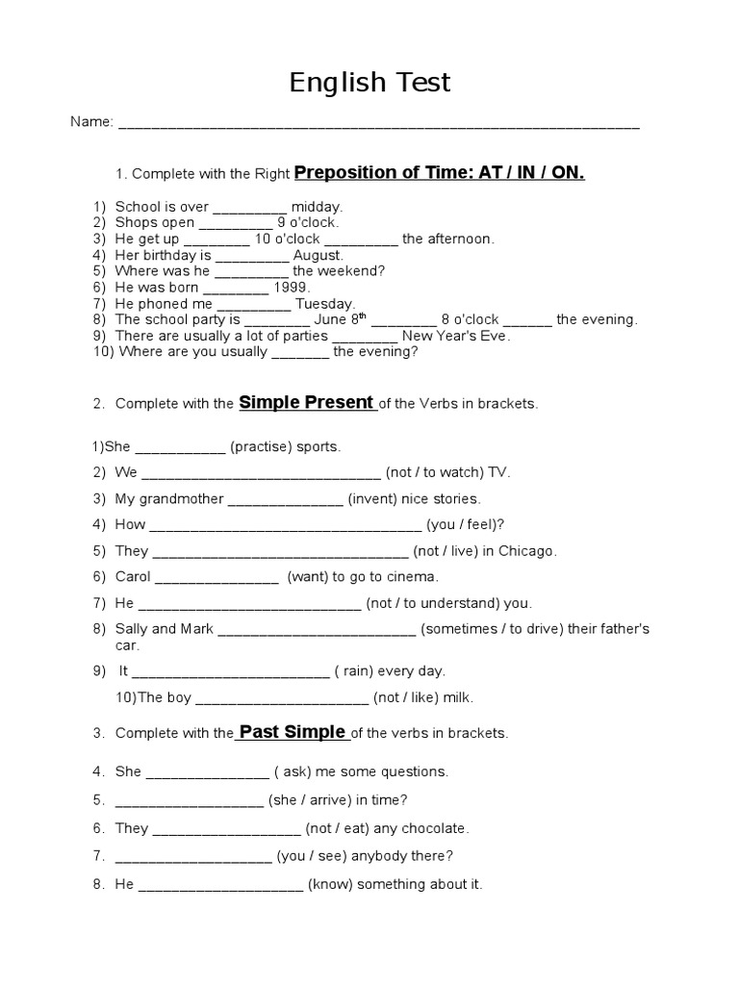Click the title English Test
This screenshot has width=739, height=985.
click(369, 83)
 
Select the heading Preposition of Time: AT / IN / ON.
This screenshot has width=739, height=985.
click(439, 173)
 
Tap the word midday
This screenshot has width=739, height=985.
click(317, 206)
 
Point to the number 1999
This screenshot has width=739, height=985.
click(293, 288)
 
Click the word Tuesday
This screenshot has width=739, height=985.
click(325, 304)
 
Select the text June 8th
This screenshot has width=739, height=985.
click(342, 319)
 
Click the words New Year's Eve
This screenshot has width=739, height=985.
click(456, 336)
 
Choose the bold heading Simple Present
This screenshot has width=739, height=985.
click(306, 403)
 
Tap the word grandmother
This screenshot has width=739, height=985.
click(183, 498)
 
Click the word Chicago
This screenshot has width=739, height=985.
click(527, 551)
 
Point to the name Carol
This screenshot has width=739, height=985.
click(133, 577)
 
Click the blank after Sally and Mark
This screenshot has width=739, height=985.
click(317, 629)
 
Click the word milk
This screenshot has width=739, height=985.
click(457, 697)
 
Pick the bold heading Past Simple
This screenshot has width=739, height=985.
click(292, 732)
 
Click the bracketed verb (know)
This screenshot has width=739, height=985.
click(330, 883)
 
